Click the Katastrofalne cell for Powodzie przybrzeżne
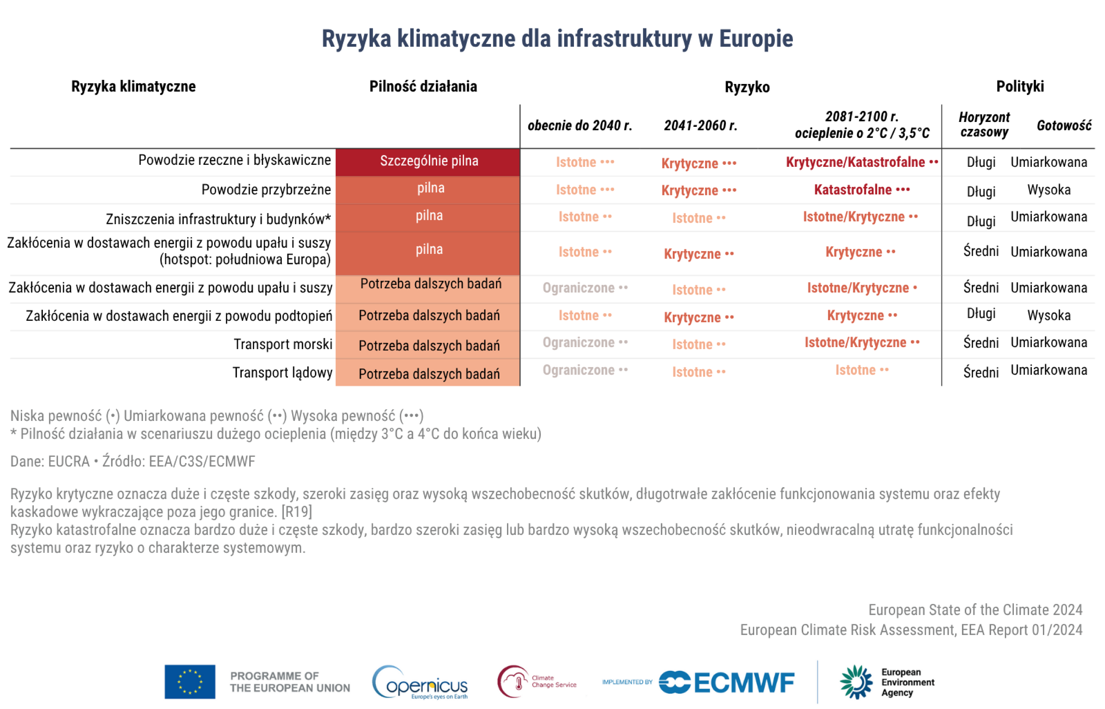click(861, 190)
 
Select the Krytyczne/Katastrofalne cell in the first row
click(861, 162)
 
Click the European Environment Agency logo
click(886, 682)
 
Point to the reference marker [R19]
click(297, 511)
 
